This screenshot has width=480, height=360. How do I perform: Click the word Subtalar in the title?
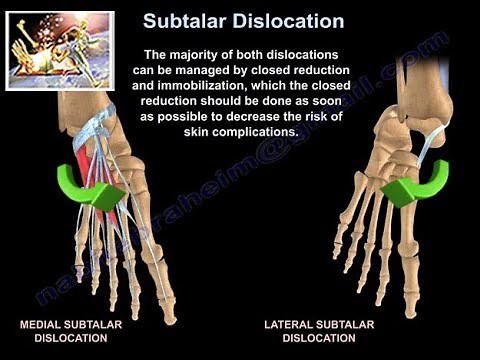(191, 20)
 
